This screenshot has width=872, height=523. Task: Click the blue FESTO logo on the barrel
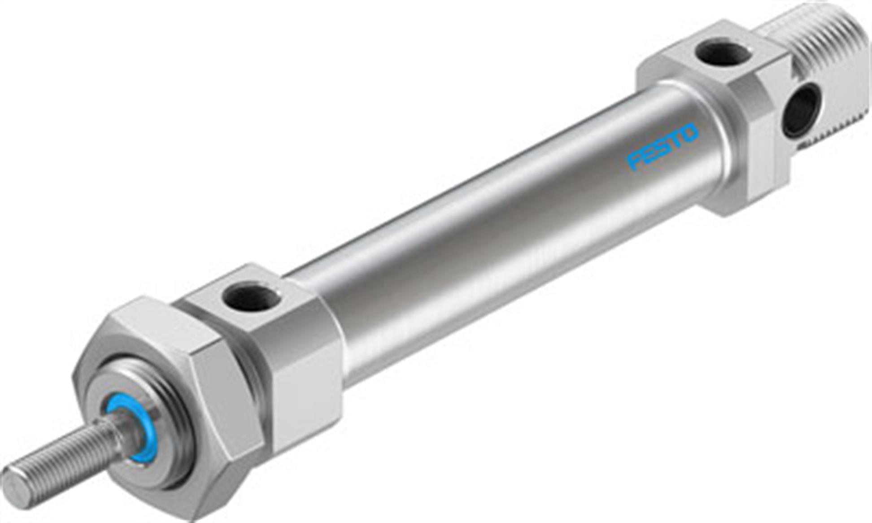662,147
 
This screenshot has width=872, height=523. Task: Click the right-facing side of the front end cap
310,395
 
